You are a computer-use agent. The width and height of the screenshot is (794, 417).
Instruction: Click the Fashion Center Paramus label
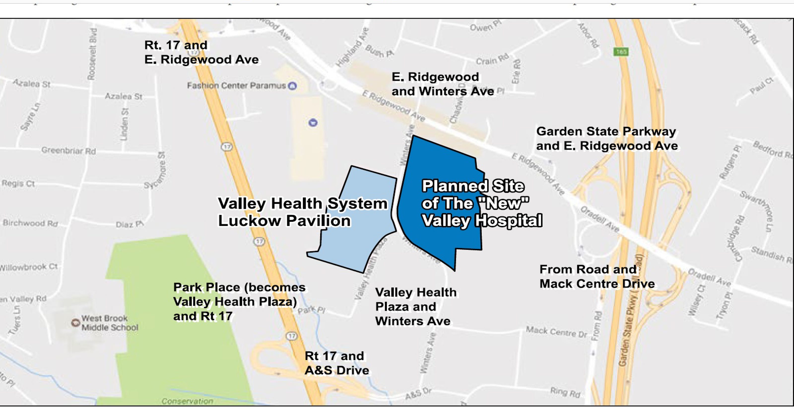(236, 85)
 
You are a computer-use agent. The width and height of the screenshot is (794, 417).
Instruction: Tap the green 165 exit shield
(621, 52)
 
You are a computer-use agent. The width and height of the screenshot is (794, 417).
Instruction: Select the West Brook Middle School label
(109, 323)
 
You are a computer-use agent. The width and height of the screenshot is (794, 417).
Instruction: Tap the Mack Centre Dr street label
(556, 332)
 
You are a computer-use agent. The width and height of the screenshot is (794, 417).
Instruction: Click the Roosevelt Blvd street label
(92, 54)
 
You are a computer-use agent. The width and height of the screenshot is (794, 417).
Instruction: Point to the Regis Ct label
(18, 183)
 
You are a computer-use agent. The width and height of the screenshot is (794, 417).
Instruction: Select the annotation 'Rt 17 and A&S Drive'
(337, 363)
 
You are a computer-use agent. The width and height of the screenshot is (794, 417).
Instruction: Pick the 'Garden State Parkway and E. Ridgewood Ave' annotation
(607, 139)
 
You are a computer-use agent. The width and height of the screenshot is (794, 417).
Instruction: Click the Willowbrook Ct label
(28, 267)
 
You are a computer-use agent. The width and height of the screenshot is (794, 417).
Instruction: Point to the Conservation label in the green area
(187, 401)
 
